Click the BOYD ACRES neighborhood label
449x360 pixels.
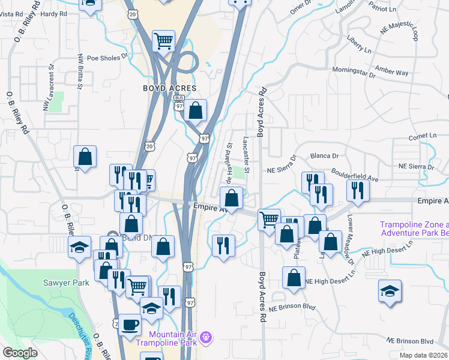(169, 88)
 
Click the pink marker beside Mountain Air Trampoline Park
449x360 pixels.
(206, 338)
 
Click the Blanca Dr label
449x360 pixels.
(325, 155)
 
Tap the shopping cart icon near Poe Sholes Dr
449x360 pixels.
(163, 40)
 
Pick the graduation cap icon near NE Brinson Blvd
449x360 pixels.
(390, 292)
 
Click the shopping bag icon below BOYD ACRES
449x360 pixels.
(195, 110)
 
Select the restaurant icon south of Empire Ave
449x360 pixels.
(223, 245)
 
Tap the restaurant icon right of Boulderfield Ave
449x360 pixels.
(358, 190)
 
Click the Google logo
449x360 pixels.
(20, 353)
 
